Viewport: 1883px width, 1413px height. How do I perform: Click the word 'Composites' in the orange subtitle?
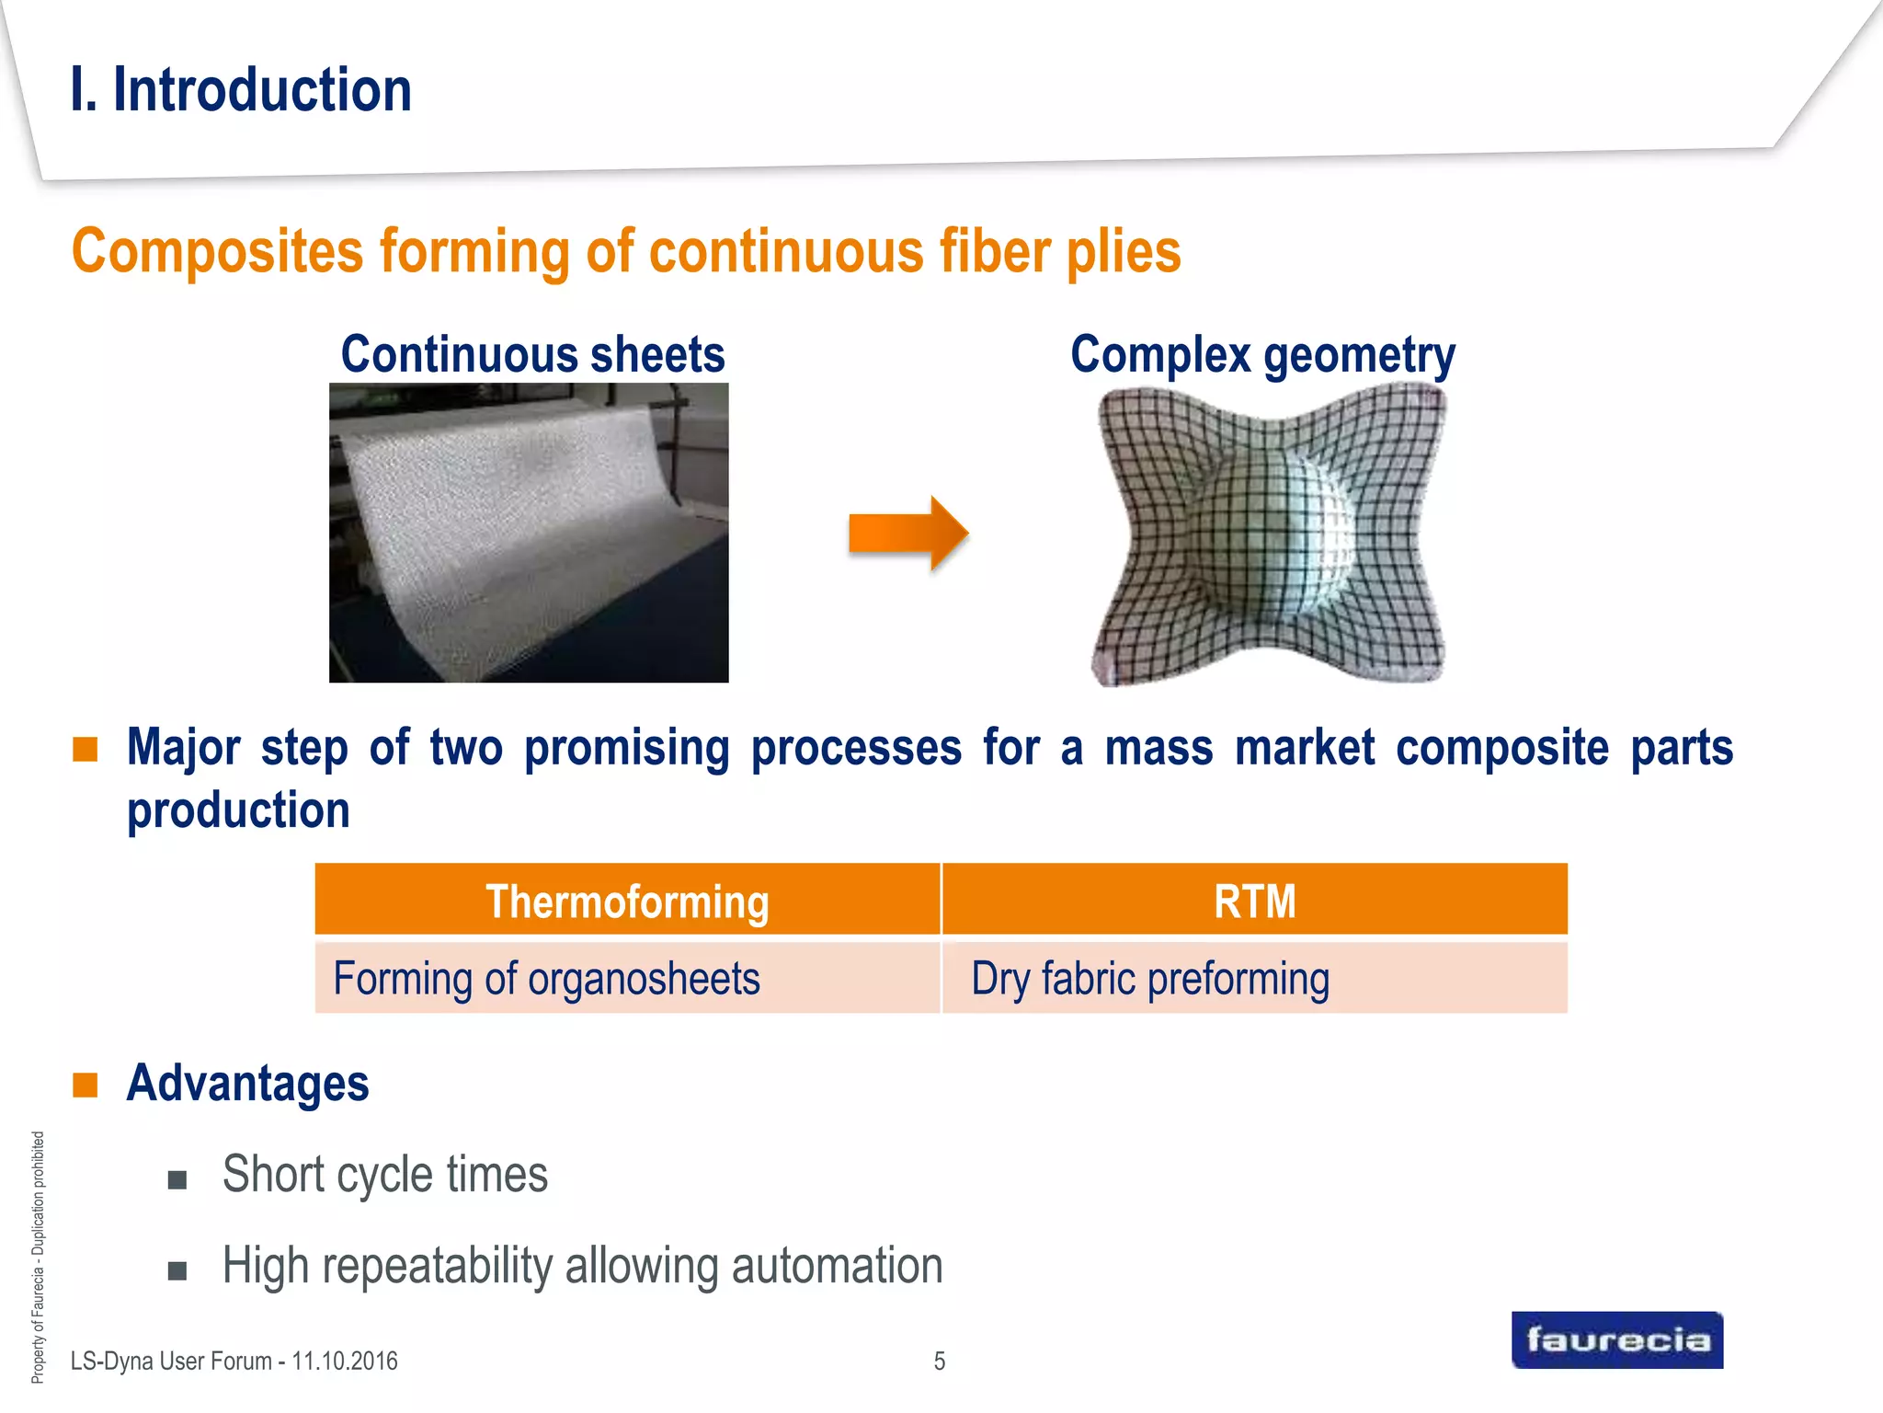[218, 251]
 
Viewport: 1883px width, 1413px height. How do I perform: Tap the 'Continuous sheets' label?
[532, 355]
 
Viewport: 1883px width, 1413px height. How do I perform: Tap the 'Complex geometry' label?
[1262, 355]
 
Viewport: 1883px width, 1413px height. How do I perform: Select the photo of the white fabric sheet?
[529, 533]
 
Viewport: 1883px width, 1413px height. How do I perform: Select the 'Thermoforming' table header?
[627, 901]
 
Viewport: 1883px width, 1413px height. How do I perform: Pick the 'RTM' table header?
[1254, 901]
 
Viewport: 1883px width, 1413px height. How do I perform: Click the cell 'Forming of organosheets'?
[546, 978]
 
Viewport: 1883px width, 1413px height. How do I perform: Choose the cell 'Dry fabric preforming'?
[1149, 978]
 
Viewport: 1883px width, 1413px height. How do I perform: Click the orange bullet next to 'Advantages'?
[86, 1085]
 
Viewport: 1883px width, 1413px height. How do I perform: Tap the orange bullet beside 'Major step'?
[86, 749]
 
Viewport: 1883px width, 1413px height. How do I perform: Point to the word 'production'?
[238, 810]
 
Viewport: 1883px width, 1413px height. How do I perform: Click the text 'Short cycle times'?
[384, 1175]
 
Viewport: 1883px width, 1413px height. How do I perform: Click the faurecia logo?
[1616, 1339]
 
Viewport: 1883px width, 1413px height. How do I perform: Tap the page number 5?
[939, 1361]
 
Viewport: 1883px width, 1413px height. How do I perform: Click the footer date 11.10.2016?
[344, 1361]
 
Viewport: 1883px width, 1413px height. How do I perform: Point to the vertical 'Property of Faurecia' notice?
[38, 1257]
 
